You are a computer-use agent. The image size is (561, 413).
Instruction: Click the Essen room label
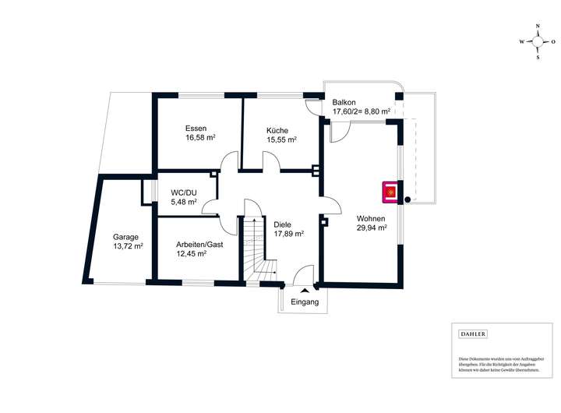[x=196, y=128]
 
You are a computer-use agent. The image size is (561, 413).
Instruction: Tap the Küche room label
[x=277, y=129]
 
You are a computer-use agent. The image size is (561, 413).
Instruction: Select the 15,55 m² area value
[x=281, y=139]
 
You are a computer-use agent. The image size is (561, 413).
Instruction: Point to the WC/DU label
[x=185, y=192]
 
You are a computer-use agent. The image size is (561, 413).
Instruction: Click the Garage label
[x=125, y=236]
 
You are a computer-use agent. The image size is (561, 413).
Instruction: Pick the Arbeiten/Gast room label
[x=199, y=243]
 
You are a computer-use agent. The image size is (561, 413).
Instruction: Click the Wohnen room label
[x=372, y=218]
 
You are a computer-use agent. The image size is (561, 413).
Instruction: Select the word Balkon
[x=344, y=102]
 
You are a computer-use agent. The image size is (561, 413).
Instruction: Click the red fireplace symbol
[x=390, y=192]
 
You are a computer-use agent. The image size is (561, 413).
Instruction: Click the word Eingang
[x=304, y=302]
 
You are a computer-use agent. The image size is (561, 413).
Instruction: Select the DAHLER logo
[x=474, y=334]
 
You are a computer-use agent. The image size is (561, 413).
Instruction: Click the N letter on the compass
[x=538, y=26]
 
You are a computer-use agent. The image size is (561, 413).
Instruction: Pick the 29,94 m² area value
[x=372, y=228]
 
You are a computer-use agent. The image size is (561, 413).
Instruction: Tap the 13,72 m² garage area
[x=129, y=246]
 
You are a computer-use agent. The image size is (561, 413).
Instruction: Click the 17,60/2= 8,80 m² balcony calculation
[x=362, y=112]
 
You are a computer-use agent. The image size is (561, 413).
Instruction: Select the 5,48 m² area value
[x=184, y=203]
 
